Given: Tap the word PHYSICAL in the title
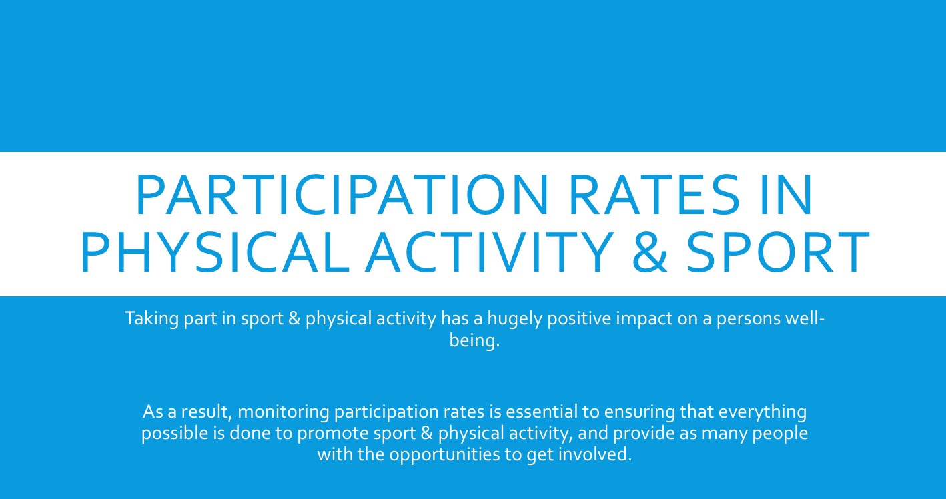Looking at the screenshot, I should point(213,253).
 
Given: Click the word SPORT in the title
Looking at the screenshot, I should point(778,253).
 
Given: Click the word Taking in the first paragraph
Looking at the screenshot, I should point(147,318).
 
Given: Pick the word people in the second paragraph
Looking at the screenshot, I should point(780,434).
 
